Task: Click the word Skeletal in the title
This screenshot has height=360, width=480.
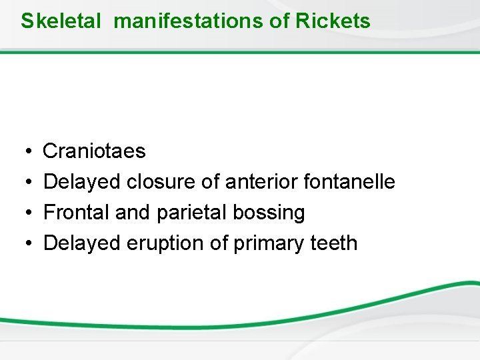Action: coord(61,21)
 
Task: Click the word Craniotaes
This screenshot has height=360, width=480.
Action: coord(94,151)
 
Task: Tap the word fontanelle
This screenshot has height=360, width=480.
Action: coord(349,182)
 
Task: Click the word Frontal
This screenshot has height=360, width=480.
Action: coord(77,213)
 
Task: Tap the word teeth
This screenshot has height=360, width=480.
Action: coord(334,243)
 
